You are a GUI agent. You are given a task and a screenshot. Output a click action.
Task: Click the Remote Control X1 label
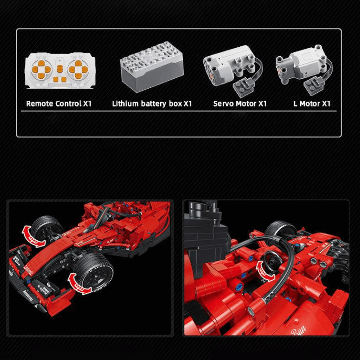58,103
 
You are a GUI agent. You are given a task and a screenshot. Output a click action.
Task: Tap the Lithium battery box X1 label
152,103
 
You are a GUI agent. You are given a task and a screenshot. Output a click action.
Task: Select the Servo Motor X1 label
240,103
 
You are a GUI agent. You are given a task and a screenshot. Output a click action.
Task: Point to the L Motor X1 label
312,103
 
